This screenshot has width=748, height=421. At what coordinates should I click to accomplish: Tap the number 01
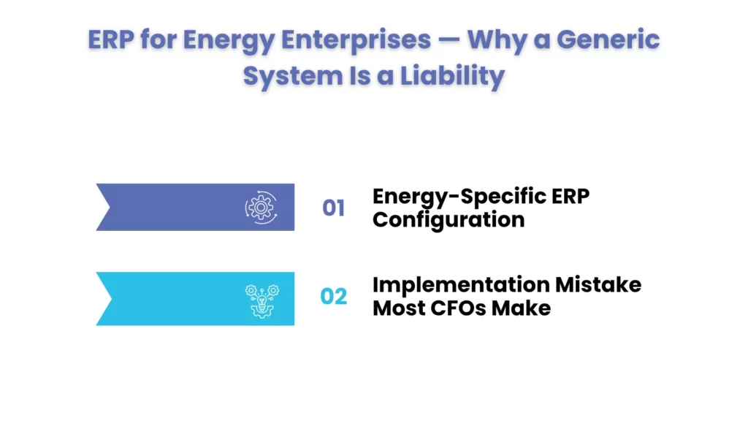334,208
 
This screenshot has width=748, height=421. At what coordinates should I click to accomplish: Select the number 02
334,297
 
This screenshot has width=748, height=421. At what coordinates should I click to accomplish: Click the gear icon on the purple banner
259,208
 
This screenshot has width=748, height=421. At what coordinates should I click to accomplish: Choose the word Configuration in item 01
448,219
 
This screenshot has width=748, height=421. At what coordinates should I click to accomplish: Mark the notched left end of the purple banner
106,208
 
